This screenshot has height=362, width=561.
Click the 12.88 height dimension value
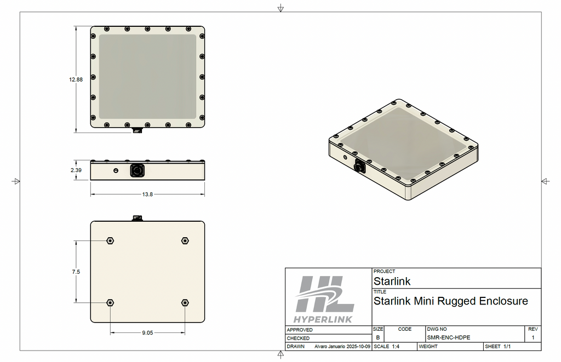[x=76, y=79]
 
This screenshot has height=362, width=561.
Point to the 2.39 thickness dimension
[x=76, y=170]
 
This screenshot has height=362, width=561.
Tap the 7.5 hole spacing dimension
[x=76, y=272]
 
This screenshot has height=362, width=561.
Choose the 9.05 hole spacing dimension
[x=147, y=332]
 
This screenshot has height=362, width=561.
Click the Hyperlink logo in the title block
[x=324, y=299]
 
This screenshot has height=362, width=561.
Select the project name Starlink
[x=392, y=281]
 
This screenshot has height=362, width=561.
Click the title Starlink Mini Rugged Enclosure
[x=450, y=301]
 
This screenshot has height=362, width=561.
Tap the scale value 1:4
[x=396, y=347]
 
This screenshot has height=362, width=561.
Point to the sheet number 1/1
[x=507, y=347]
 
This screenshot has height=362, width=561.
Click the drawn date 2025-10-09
[x=356, y=347]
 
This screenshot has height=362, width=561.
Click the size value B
[x=377, y=338]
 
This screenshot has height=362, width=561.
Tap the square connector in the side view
[x=136, y=171]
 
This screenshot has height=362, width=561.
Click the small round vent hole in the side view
[x=116, y=170]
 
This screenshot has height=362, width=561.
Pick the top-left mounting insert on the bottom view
[x=111, y=240]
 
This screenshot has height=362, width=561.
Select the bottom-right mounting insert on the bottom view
[x=185, y=302]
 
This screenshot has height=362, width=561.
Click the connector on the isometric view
[x=360, y=165]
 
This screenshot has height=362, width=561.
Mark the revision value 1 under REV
[x=533, y=338]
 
